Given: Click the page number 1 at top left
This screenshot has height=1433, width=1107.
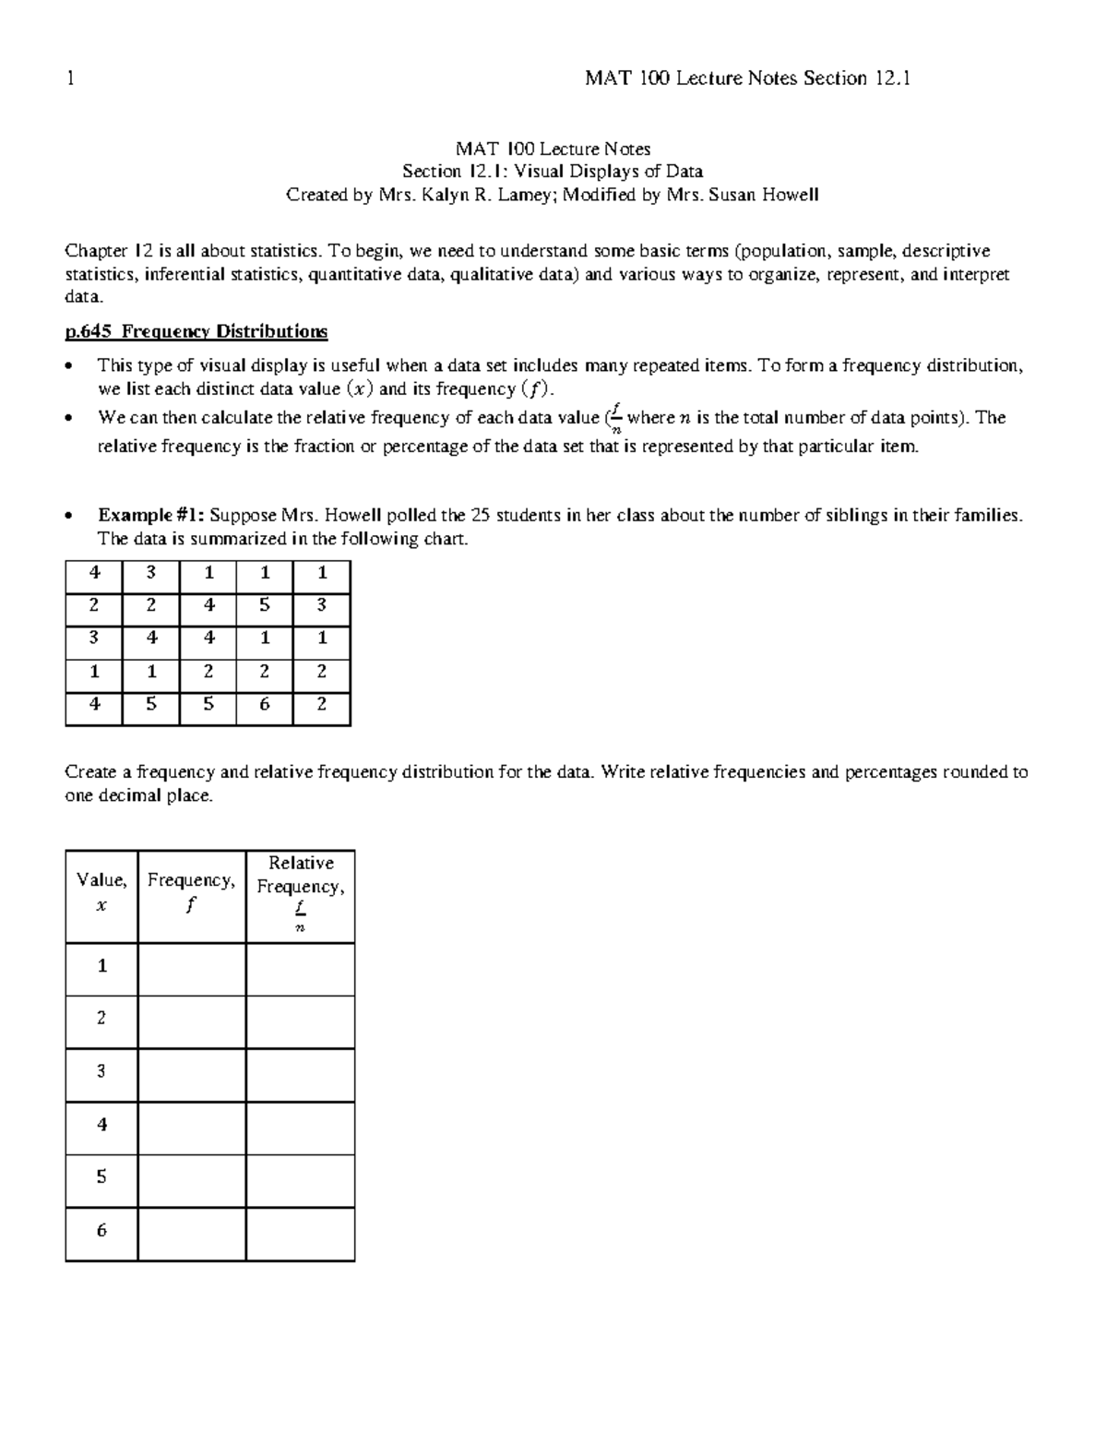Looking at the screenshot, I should coord(69,78).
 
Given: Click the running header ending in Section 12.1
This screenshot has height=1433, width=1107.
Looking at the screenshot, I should coord(747,78).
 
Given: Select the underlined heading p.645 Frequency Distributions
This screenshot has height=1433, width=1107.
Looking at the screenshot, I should coord(196,331).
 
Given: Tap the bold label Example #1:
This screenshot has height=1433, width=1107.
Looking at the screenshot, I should coord(151,515).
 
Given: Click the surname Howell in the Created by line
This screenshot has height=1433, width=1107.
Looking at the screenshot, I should coord(789,195).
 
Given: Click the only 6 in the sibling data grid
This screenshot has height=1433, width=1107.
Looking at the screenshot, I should coord(265,705).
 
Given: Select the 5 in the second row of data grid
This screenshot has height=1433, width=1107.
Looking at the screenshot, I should coord(265,605).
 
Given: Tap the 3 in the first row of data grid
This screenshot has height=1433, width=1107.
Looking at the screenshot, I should coord(150,572).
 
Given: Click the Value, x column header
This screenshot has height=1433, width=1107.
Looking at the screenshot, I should coord(101,893).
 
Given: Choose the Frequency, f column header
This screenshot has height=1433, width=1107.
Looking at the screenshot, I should coord(191,891).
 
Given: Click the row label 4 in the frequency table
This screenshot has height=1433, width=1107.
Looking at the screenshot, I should coord(101,1124).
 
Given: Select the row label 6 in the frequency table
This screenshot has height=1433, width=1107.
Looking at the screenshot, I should coord(101,1230).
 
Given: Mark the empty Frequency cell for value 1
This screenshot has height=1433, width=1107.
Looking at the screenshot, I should coord(191,967).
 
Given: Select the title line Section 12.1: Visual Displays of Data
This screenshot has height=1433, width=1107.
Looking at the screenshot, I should coord(553,171).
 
